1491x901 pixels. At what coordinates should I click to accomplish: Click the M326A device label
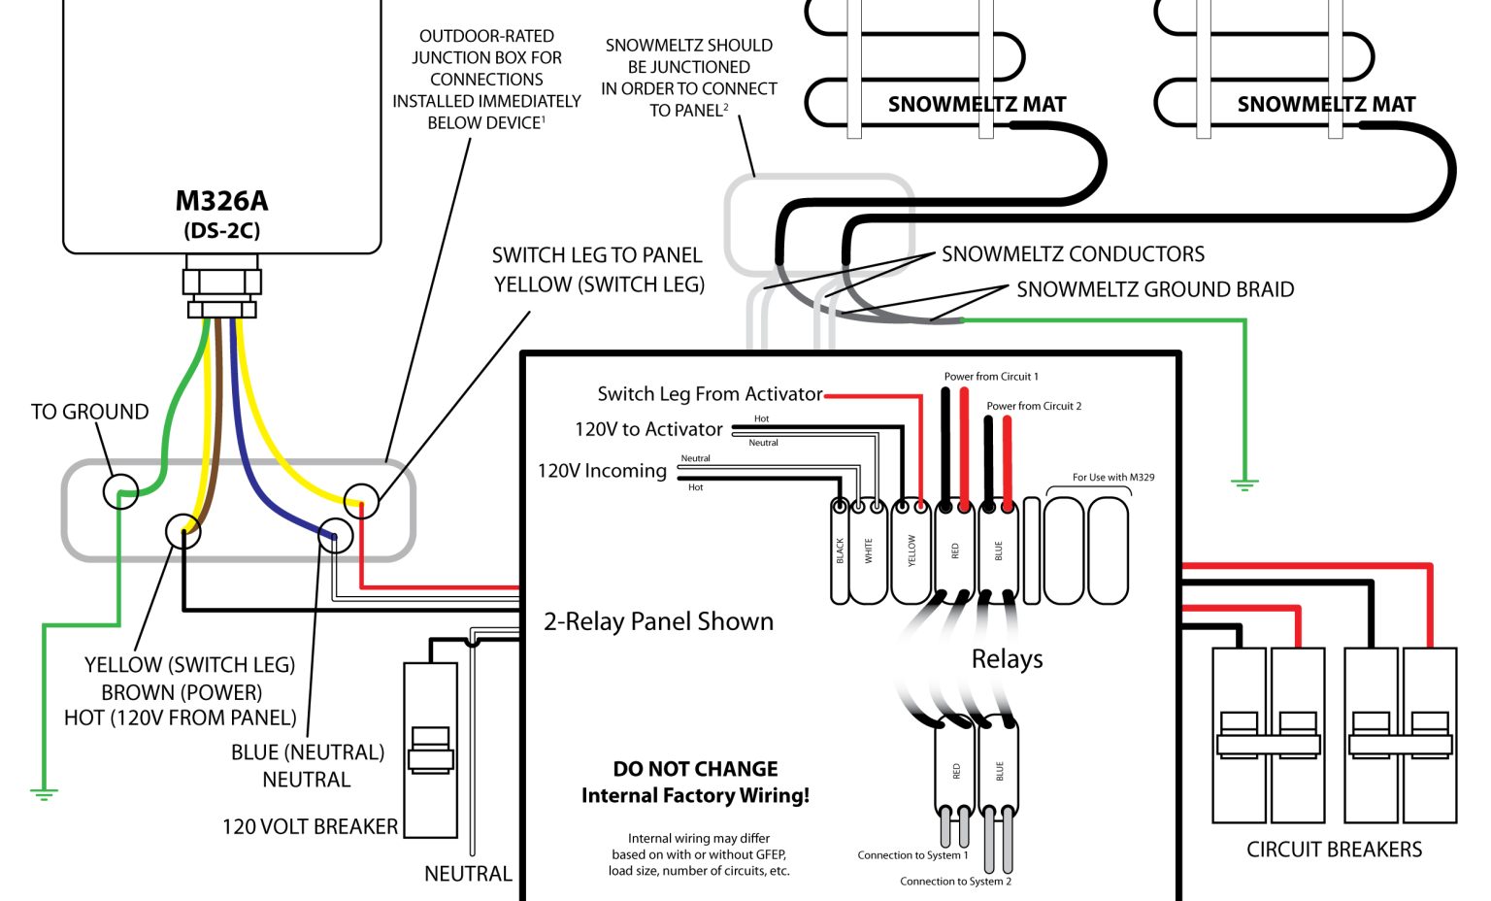coord(221,201)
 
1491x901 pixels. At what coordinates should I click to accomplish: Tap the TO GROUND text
coord(89,412)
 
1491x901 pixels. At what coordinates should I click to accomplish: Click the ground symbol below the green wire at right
coord(1243,483)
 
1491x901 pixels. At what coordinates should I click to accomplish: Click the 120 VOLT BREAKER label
coord(310,827)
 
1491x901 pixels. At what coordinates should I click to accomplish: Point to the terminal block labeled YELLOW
coord(911,551)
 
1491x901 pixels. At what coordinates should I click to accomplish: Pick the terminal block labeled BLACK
coord(840,551)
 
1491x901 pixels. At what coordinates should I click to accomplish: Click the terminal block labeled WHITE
coord(869,551)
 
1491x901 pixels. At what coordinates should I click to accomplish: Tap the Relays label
coord(1007,659)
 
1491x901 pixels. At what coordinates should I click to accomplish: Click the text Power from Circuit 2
coord(1033,406)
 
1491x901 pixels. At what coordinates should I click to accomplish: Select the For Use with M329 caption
coord(1112,477)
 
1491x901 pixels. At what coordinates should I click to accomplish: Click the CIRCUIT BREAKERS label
coord(1334,850)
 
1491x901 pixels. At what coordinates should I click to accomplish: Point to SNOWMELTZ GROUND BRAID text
coord(1154,289)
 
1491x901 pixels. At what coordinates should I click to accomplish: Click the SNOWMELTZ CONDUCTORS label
coord(1073,254)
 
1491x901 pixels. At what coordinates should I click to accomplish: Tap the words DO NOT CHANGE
coord(695,769)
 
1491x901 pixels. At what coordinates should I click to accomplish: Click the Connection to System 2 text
coord(955,882)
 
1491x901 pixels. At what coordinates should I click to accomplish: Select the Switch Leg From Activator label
coord(710,394)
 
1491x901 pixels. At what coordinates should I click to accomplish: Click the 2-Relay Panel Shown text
coord(658,622)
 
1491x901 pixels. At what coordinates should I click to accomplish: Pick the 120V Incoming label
coord(602,471)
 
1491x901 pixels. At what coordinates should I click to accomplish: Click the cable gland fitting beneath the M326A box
coord(222,286)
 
